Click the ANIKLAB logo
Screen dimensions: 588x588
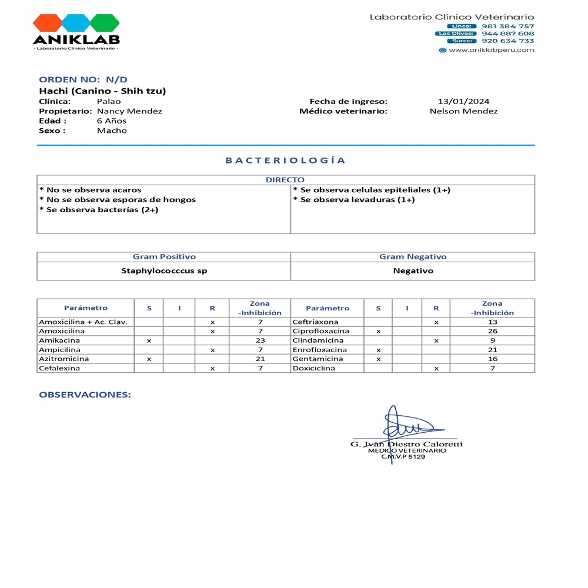pos(76,32)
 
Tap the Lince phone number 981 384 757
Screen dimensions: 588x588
pos(508,26)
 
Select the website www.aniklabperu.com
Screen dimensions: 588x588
pos(491,50)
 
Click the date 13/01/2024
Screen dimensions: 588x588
pos(464,101)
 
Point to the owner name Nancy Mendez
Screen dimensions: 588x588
pos(129,111)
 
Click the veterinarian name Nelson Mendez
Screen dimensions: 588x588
pos(464,111)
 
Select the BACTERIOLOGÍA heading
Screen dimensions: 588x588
pos(286,160)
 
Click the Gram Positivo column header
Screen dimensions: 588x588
pos(164,257)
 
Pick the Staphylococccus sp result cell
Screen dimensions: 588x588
pos(164,271)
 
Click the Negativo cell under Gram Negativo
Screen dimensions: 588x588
pos(413,271)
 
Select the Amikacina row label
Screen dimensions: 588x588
pos(59,340)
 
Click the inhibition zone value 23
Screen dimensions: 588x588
pos(260,340)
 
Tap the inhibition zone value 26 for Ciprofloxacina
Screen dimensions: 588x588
pos(493,331)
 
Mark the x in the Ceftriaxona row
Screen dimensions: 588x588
pos(436,322)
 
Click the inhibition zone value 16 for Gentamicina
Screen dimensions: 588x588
pos(493,359)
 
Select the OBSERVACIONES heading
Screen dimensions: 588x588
pos(85,395)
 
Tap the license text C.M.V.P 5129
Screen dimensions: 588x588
pos(403,456)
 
